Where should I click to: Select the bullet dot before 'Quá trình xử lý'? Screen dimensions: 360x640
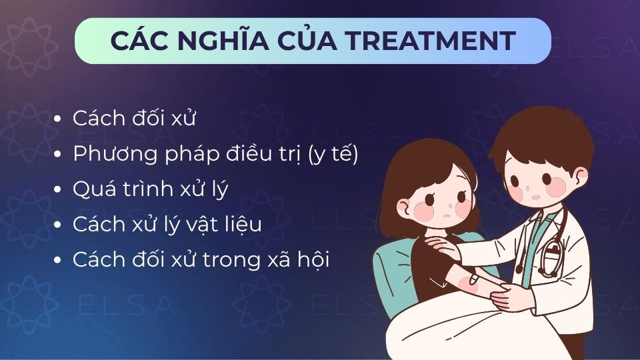click(x=59, y=190)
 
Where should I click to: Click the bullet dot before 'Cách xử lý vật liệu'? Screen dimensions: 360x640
click(x=59, y=226)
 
